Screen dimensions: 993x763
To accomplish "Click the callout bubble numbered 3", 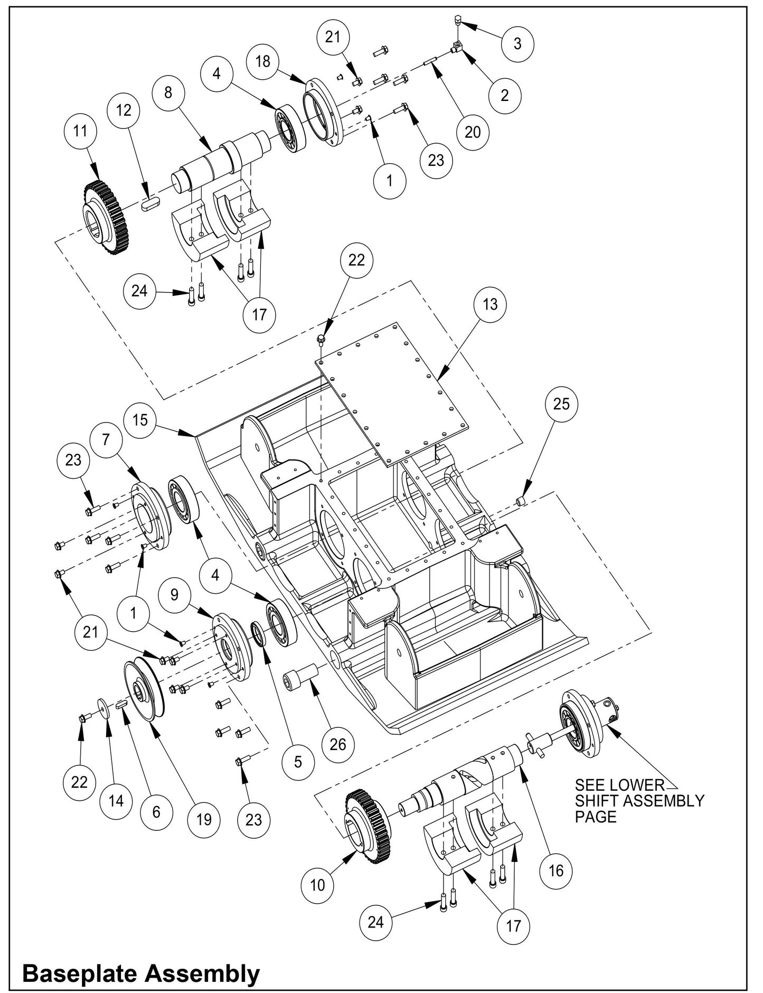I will pyautogui.click(x=517, y=43).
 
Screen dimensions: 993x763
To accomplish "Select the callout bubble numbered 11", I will pyautogui.click(x=80, y=130).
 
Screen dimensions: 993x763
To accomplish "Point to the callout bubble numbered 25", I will pyautogui.click(x=561, y=404).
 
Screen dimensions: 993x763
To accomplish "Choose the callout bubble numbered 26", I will pyautogui.click(x=337, y=744).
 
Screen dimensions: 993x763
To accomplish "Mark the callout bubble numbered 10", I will pyautogui.click(x=317, y=885).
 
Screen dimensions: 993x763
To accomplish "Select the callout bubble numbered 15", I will pyautogui.click(x=140, y=420).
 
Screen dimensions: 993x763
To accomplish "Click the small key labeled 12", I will pyautogui.click(x=149, y=203).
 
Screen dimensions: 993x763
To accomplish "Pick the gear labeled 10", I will pyautogui.click(x=368, y=826).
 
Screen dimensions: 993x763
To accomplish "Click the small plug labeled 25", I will pyautogui.click(x=522, y=500).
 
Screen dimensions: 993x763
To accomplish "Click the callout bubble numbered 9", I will pyautogui.click(x=174, y=595).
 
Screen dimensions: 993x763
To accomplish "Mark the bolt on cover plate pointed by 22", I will pyautogui.click(x=321, y=338).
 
